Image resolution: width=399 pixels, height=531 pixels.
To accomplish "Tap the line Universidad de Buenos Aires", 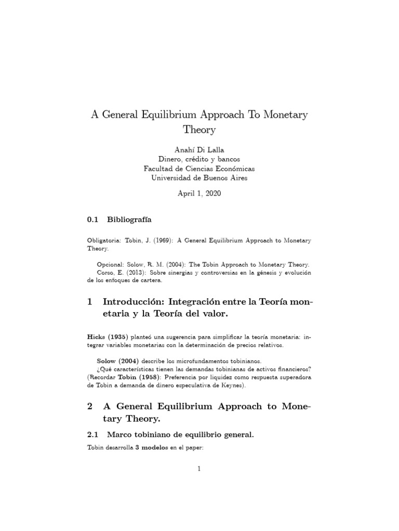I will [199, 178].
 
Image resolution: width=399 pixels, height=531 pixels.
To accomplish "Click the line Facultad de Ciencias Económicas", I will [199, 168].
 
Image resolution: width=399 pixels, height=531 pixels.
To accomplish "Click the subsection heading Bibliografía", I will [129, 219].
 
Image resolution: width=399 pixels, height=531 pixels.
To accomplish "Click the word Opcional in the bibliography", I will [111, 264].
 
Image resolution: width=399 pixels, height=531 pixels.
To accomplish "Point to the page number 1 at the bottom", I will [199, 469].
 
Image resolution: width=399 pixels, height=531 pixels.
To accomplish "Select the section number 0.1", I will [93, 219].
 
